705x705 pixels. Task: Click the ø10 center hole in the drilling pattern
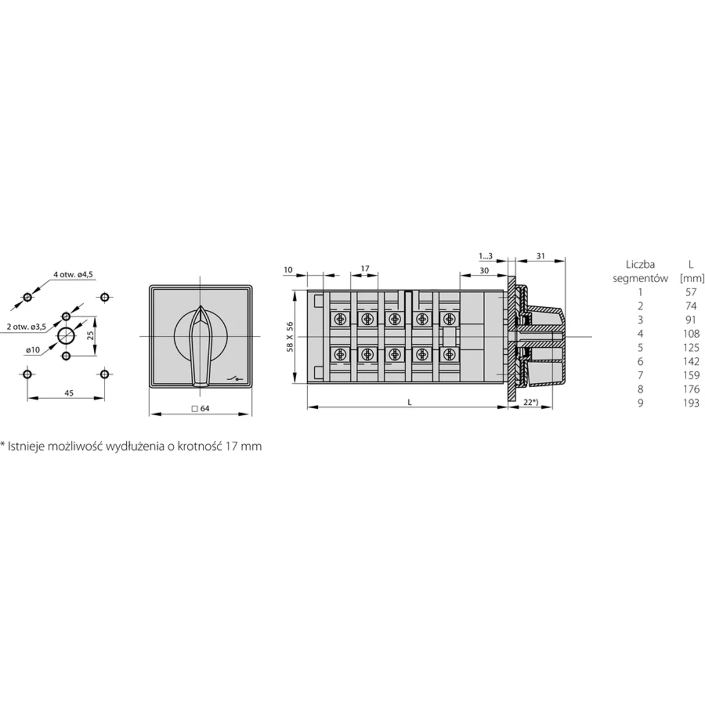pyautogui.click(x=66, y=336)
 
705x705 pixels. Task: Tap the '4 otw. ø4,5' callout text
pyautogui.click(x=73, y=274)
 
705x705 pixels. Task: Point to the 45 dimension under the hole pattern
pyautogui.click(x=69, y=394)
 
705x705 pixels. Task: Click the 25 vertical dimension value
pyautogui.click(x=90, y=336)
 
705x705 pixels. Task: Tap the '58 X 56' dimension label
pyautogui.click(x=288, y=336)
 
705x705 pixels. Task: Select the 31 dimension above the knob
pyautogui.click(x=540, y=256)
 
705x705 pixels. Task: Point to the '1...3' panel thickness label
pyautogui.click(x=486, y=256)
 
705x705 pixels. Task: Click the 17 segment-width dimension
pyautogui.click(x=365, y=268)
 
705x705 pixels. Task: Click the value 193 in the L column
pyautogui.click(x=691, y=403)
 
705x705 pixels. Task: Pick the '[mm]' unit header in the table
pyautogui.click(x=691, y=278)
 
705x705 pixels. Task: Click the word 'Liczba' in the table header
pyautogui.click(x=640, y=264)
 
